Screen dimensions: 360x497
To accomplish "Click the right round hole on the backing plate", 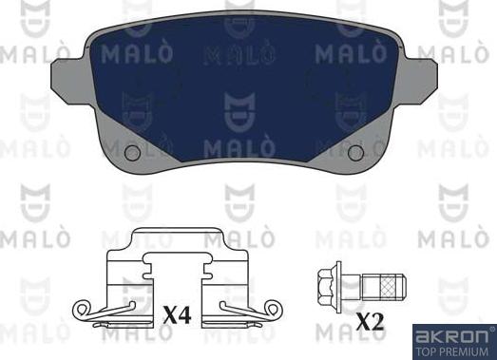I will pyautogui.click(x=356, y=153).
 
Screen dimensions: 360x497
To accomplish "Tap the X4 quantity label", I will pyautogui.click(x=178, y=314).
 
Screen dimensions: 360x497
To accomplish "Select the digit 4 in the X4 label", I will pyautogui.click(x=186, y=314).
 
